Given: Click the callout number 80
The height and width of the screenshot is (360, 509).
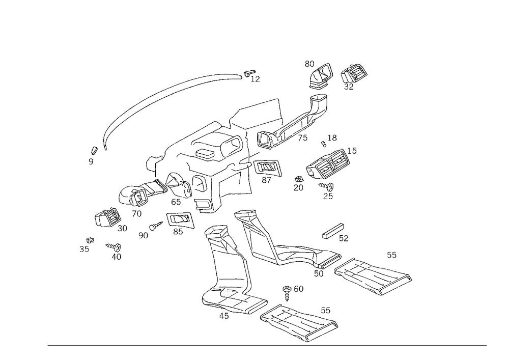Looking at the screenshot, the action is (x=309, y=64).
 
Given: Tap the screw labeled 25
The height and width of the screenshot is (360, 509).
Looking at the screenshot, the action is (x=327, y=186).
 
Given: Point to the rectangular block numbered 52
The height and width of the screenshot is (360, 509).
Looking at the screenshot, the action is (x=333, y=231).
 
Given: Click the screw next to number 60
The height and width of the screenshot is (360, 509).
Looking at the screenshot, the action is (x=287, y=293).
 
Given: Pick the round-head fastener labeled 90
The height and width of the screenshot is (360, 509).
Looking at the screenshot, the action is (x=156, y=226).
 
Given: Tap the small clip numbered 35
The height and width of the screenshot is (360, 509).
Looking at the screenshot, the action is (x=90, y=240).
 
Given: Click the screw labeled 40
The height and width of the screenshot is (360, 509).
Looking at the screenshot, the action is (x=114, y=247).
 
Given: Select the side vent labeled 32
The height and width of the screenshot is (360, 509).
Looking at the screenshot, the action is (x=354, y=73).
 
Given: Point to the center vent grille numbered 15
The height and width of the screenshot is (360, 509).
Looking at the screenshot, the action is (x=328, y=163).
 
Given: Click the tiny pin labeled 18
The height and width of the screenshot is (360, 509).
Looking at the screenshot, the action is (x=323, y=143).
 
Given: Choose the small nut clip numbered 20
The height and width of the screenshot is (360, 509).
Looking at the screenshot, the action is (x=299, y=179).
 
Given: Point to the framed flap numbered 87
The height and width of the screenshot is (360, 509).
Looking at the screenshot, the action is (x=267, y=168).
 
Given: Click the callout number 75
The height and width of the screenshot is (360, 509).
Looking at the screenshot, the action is (x=302, y=137).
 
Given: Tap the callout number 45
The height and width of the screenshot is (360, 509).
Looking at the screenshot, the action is (x=224, y=316).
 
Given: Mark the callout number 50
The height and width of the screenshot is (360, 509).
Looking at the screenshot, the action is (x=319, y=273).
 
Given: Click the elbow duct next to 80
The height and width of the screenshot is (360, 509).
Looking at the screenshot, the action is (x=320, y=76).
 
